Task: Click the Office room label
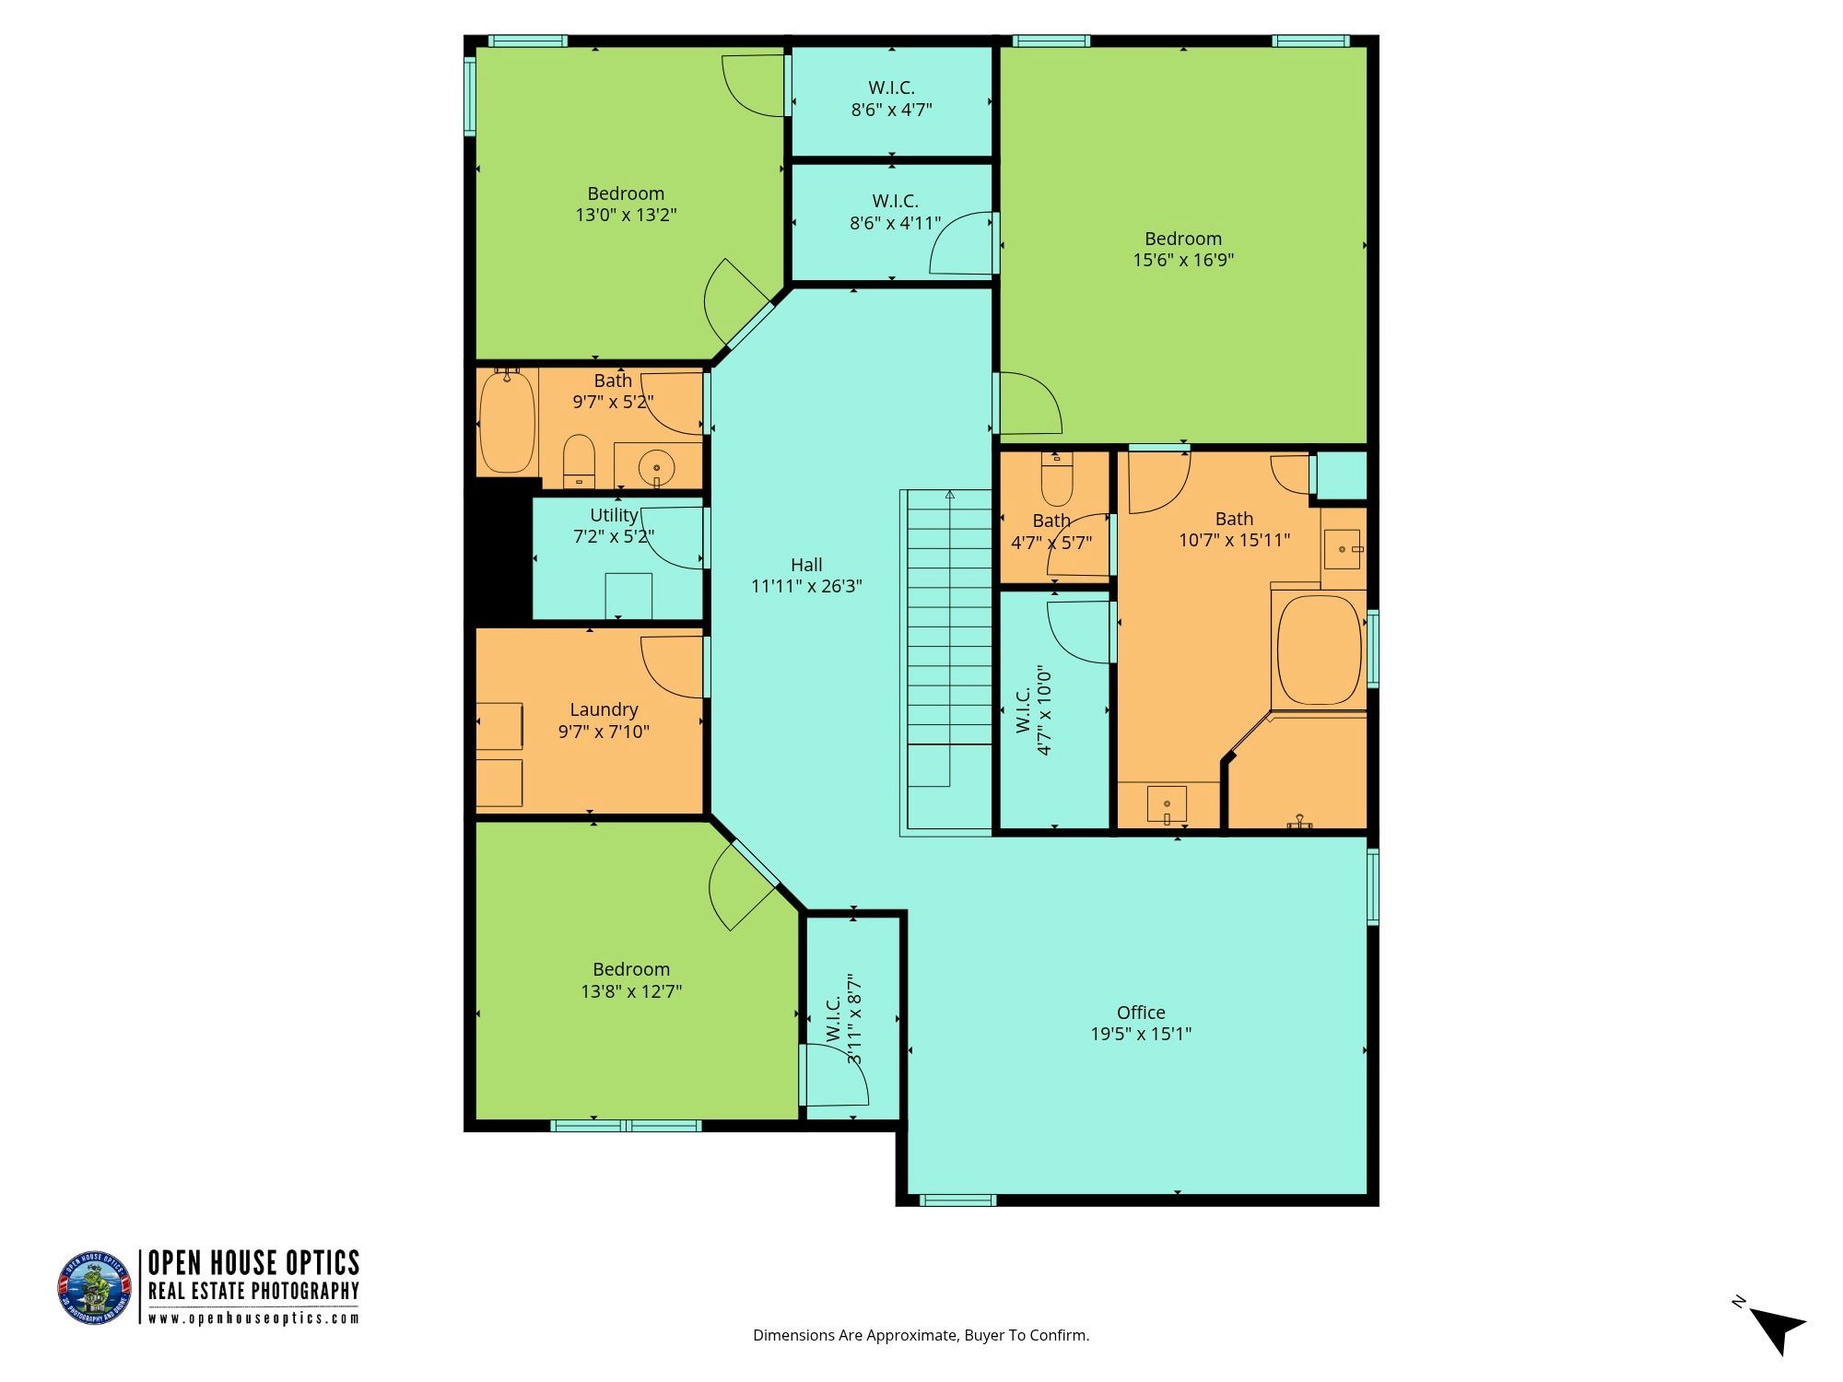(1141, 1013)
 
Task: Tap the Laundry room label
(604, 709)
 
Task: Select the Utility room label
(614, 515)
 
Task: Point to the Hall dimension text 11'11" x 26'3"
(806, 586)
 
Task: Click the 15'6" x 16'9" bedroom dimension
(1183, 260)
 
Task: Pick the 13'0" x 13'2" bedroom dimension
(627, 215)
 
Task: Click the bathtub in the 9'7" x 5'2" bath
(507, 421)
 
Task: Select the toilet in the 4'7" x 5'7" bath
(1056, 474)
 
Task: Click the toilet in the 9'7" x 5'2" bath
(579, 461)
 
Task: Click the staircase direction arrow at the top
(949, 496)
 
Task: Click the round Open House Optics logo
(95, 1288)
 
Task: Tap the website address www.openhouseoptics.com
(253, 1318)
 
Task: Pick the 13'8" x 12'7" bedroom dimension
(631, 991)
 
